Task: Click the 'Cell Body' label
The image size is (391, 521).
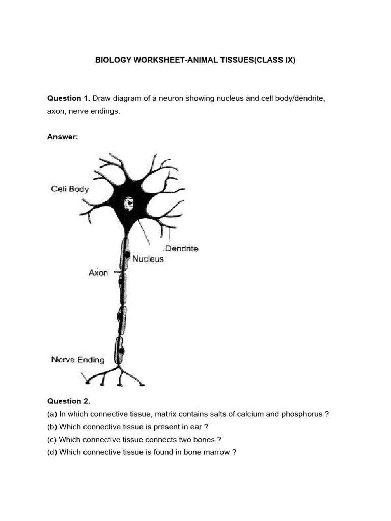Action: [x=70, y=189]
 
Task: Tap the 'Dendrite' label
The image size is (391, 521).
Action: [x=181, y=249]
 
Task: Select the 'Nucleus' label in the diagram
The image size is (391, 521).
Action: [x=148, y=259]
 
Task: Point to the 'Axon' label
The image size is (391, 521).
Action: [x=98, y=273]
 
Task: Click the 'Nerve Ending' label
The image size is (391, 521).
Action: [x=78, y=360]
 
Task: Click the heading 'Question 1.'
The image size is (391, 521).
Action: [x=69, y=98]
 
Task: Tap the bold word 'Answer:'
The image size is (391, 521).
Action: [x=63, y=137]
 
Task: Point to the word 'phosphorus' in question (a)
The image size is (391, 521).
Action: [x=304, y=414]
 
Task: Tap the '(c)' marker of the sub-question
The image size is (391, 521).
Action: [x=52, y=439]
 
